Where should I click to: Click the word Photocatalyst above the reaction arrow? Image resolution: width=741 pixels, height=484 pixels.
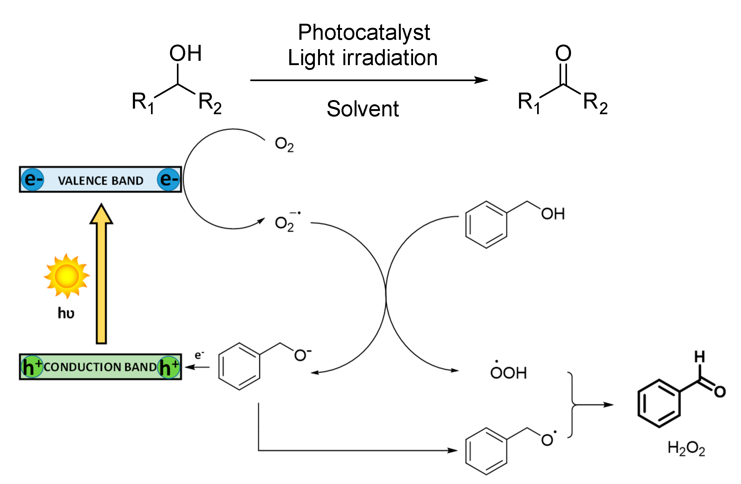(x=364, y=33)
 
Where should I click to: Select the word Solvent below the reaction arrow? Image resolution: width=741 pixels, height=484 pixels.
(x=363, y=109)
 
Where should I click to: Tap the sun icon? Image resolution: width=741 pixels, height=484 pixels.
(x=67, y=276)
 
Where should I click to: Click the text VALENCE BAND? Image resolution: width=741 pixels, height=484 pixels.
(x=101, y=181)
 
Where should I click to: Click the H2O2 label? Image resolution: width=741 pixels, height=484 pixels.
(x=686, y=449)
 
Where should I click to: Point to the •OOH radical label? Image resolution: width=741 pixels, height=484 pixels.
(x=508, y=372)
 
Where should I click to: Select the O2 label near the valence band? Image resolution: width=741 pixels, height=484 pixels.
(x=284, y=144)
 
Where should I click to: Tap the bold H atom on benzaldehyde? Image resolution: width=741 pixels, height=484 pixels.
(x=700, y=357)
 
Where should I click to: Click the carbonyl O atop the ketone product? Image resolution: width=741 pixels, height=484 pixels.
(x=563, y=53)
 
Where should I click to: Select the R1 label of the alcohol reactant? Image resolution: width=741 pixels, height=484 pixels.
(x=142, y=103)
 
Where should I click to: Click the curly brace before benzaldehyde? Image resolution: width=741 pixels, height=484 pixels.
(x=572, y=405)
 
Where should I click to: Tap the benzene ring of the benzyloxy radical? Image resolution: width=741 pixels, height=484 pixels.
(x=486, y=451)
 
